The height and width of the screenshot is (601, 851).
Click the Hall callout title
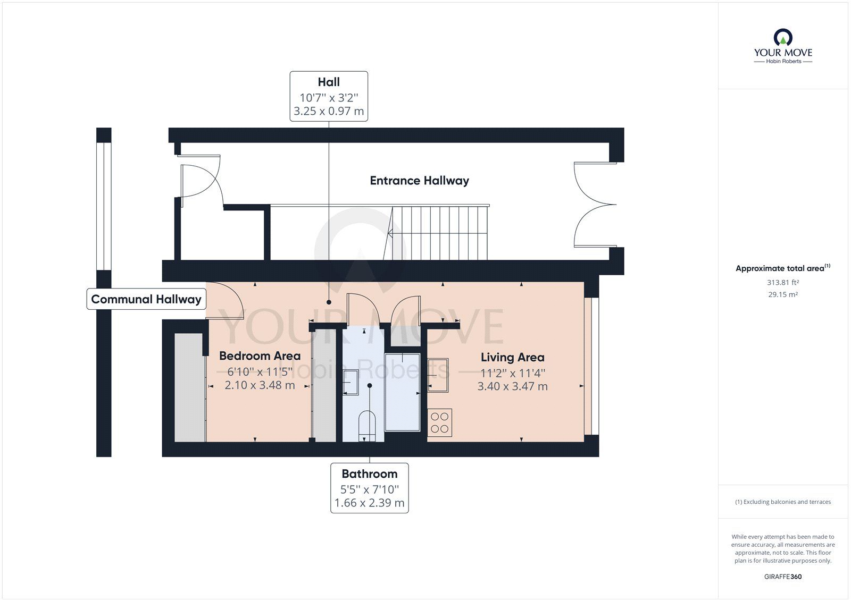tap(329, 82)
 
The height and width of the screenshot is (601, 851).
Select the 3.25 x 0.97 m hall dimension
tap(329, 111)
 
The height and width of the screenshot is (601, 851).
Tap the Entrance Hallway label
tap(419, 181)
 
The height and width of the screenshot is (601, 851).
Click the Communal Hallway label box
tap(146, 299)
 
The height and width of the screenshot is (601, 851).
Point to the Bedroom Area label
tap(260, 356)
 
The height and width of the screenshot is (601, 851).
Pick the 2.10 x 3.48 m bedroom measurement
tap(260, 385)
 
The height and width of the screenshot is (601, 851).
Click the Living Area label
tap(512, 358)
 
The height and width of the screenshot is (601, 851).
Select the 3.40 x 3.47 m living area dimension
tap(512, 386)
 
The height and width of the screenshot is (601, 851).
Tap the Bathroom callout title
tap(369, 473)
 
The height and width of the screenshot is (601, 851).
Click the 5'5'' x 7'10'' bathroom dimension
tap(369, 489)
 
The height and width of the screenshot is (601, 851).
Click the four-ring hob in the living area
tap(440, 422)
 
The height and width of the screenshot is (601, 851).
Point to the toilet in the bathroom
tap(368, 426)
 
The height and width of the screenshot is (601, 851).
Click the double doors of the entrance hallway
tap(593, 205)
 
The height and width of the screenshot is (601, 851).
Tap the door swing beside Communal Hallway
tap(226, 301)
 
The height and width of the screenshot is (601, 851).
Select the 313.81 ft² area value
tap(783, 283)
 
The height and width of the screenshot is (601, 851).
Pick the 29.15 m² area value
tap(783, 294)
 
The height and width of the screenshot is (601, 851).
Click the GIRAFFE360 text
tap(783, 577)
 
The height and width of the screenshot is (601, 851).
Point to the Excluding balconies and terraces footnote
tap(783, 502)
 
